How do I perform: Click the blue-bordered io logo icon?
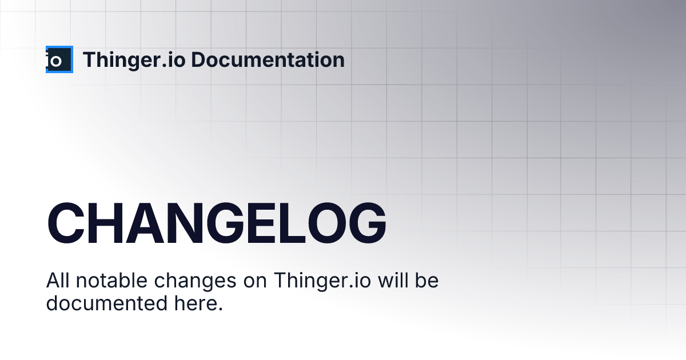tap(59, 59)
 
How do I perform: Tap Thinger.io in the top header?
tap(134, 60)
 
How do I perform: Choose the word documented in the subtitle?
tap(107, 303)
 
